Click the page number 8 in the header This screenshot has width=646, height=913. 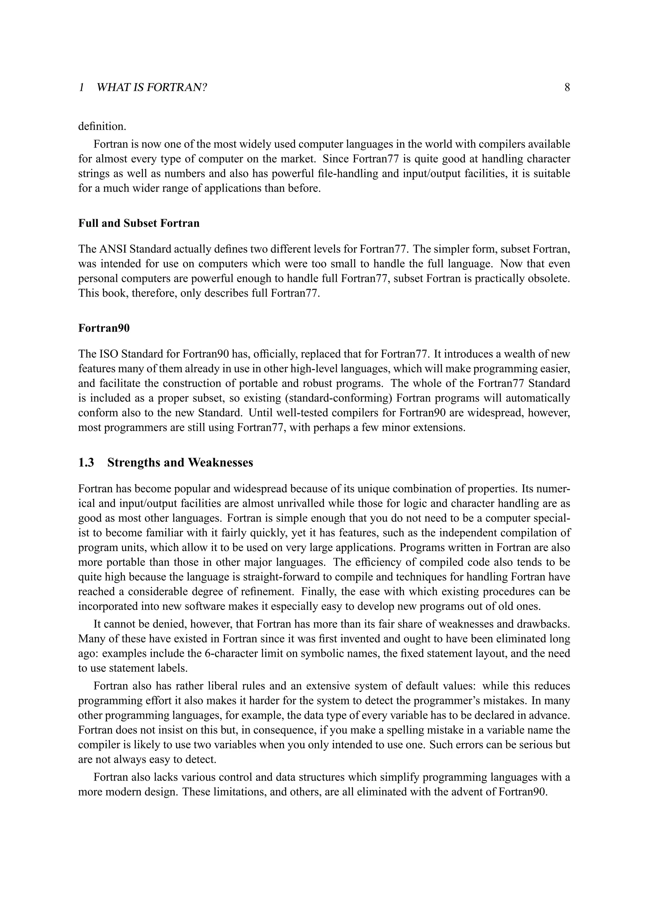[567, 87]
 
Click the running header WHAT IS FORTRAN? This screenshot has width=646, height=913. [152, 87]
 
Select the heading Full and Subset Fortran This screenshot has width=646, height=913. [139, 224]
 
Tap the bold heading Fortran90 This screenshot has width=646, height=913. [104, 328]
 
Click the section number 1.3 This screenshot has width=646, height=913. [86, 462]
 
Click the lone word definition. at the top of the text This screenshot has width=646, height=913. [102, 126]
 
